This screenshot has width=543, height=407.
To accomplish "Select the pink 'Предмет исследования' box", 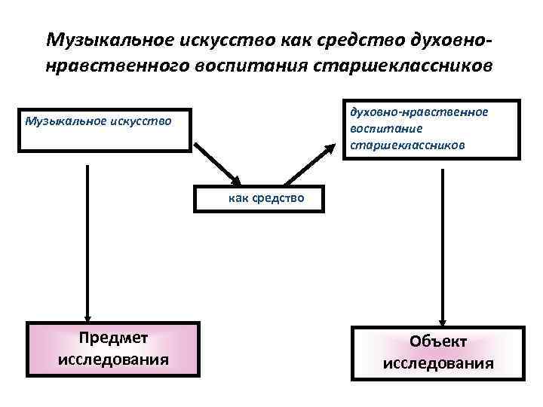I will [x=113, y=349].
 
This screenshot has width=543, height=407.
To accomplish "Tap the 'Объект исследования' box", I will [x=438, y=352].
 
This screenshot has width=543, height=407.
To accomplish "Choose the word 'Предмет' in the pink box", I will [x=113, y=339].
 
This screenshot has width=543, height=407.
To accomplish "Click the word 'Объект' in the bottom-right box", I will [x=438, y=341].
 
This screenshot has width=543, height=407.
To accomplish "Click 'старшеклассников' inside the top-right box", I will [x=407, y=143].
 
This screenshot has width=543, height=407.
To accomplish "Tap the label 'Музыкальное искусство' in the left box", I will [x=98, y=120].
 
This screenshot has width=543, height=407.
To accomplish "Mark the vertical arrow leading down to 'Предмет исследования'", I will [x=88, y=241].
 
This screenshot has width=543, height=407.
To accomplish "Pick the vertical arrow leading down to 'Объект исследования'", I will [x=443, y=241].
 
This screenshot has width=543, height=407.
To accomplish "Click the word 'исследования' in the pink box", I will [x=113, y=359].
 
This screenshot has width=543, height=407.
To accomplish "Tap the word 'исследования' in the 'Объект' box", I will [x=438, y=363].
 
